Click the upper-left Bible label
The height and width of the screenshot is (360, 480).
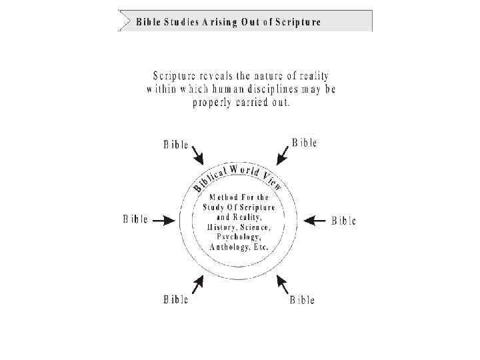(x=176, y=145)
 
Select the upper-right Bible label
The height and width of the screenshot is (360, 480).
(x=304, y=143)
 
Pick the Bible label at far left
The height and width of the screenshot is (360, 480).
(x=135, y=219)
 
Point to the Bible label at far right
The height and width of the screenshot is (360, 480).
(x=344, y=221)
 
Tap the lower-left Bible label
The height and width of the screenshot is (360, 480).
(x=176, y=299)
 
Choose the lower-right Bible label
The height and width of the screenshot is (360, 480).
(x=302, y=299)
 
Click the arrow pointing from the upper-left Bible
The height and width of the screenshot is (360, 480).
(x=198, y=158)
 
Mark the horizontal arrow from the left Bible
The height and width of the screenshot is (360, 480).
(x=163, y=219)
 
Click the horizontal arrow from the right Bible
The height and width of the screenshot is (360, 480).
(x=316, y=220)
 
